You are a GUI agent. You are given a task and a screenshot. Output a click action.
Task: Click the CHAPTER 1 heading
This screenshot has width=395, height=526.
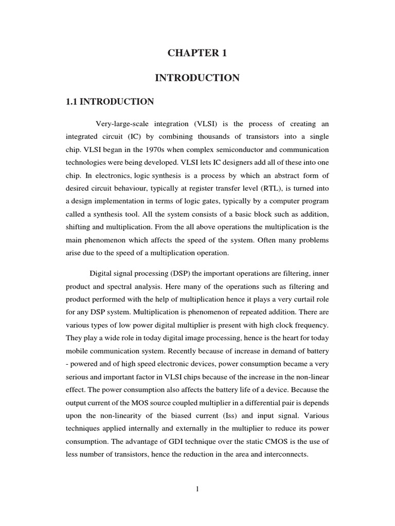tap(197, 53)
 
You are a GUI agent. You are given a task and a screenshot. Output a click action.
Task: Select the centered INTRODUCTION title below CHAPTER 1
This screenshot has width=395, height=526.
tap(197, 78)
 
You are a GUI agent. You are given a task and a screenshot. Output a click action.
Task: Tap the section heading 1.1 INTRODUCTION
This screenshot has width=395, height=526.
tap(110, 102)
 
